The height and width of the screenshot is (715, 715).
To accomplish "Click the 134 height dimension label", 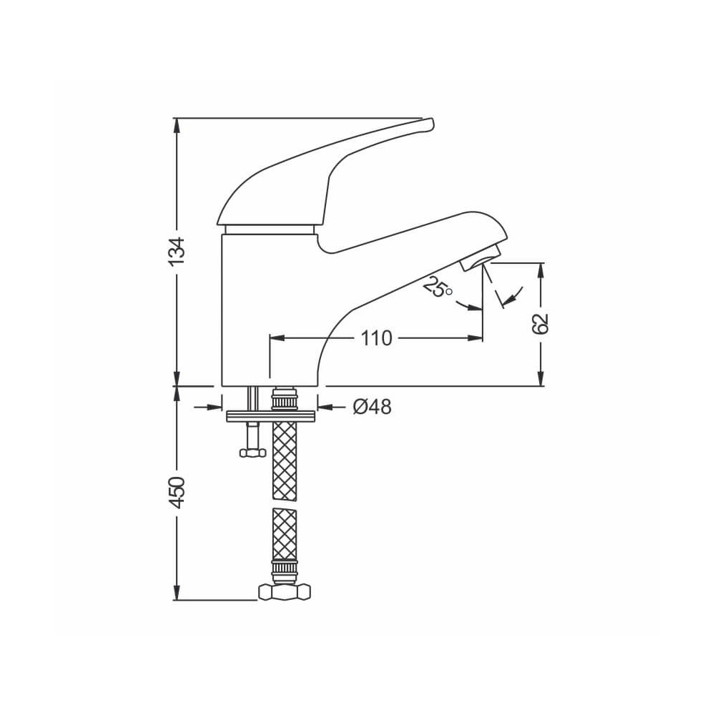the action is point(177,251).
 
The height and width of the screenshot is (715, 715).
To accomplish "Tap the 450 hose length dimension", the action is point(177,493).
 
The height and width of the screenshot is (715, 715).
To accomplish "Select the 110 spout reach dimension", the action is point(377,338).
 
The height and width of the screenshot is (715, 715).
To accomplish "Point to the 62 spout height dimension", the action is point(541,324).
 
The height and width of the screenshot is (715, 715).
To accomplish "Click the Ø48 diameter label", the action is point(372,407).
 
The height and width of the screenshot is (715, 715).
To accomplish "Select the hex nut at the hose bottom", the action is point(285,592).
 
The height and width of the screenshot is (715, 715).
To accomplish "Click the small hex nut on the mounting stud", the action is point(252,453).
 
